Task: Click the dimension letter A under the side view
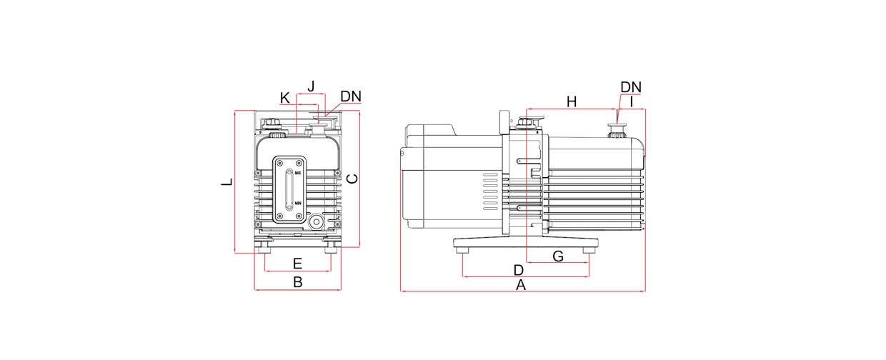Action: click(x=521, y=285)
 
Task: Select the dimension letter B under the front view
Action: click(x=298, y=282)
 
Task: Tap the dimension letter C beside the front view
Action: click(x=352, y=178)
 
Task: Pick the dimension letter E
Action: click(x=297, y=264)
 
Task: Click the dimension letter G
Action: click(x=559, y=256)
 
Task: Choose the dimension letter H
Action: click(x=571, y=101)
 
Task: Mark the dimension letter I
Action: click(x=631, y=102)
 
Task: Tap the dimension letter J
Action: click(x=311, y=86)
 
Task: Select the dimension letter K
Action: click(x=285, y=98)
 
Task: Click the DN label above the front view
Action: click(x=351, y=96)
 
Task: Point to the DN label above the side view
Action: click(x=630, y=87)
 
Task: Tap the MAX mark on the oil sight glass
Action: click(x=298, y=173)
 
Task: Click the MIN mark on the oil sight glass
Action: click(x=298, y=204)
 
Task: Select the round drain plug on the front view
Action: click(x=315, y=222)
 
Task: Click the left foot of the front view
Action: click(x=264, y=246)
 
